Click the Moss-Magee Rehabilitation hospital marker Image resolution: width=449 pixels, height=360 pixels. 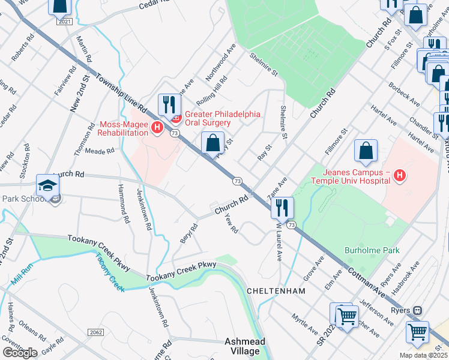(x=157, y=127)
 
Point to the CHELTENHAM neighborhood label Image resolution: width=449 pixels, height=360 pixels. (x=276, y=290)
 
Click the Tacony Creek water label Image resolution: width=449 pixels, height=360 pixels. (x=109, y=272)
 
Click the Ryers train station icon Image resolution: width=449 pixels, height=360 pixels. (x=417, y=311)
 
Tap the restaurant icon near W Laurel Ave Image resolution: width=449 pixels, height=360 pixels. (x=282, y=208)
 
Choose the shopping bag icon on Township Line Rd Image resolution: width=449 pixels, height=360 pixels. (x=212, y=143)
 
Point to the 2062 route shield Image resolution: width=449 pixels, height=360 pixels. (x=95, y=332)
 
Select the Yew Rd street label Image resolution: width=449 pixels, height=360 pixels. (x=231, y=224)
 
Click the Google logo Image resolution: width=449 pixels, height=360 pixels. (x=19, y=352)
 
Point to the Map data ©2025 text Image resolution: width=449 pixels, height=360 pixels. (x=424, y=355)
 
